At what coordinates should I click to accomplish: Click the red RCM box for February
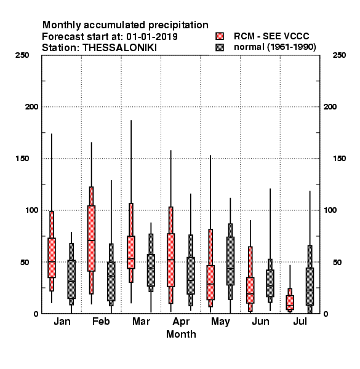pyautogui.click(x=91, y=239)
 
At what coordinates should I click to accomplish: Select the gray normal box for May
pyautogui.click(x=230, y=261)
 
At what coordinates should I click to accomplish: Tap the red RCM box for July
pyautogui.click(x=290, y=303)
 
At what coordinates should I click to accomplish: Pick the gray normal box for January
pyautogui.click(x=71, y=279)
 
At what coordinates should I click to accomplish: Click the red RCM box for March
pyautogui.click(x=131, y=252)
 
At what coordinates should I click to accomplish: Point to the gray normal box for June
pyautogui.click(x=270, y=283)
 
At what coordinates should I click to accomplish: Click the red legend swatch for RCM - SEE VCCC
pyautogui.click(x=220, y=36)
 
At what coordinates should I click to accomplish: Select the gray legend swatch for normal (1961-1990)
pyautogui.click(x=220, y=47)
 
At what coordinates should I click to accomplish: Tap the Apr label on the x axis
pyautogui.click(x=181, y=322)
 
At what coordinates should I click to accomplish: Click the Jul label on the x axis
pyautogui.click(x=300, y=321)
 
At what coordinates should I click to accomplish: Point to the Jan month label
pyautogui.click(x=62, y=321)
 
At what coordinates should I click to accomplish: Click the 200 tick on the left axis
pyautogui.click(x=31, y=107)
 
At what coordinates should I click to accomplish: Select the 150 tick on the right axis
pyautogui.click(x=339, y=159)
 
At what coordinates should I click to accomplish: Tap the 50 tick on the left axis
pyautogui.click(x=24, y=262)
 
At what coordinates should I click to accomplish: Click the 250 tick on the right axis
pyautogui.click(x=339, y=55)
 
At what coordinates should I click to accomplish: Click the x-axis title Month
pyautogui.click(x=181, y=334)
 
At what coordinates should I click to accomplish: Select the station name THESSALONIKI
pyautogui.click(x=119, y=48)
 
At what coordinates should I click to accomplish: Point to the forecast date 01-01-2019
pyautogui.click(x=152, y=37)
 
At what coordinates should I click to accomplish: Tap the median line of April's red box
pyautogui.click(x=170, y=260)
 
